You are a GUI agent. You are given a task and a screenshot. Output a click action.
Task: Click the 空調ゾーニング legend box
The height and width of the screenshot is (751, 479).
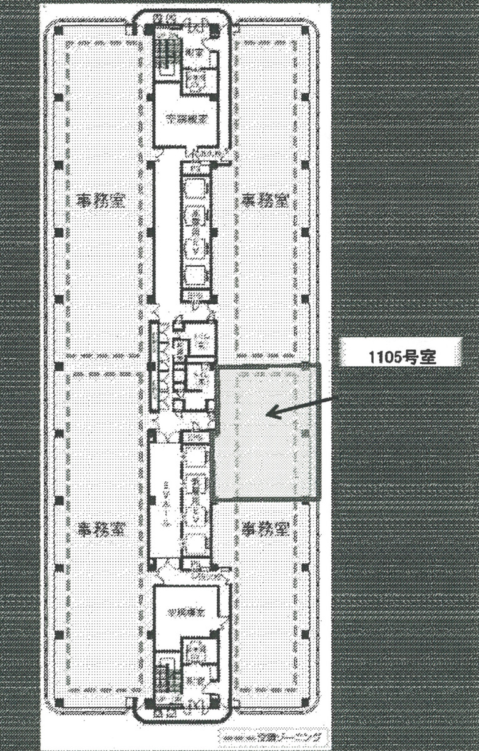coord(269,737)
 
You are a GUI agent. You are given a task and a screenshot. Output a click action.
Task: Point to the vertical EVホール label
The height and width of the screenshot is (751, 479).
coord(165,501)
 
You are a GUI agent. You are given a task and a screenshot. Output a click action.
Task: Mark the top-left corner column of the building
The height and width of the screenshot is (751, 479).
coord(58,31)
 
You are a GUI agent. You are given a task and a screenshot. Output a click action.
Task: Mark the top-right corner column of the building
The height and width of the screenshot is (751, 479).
coord(305,31)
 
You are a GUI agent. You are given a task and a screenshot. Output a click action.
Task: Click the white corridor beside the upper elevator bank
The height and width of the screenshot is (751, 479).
coord(167,232)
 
